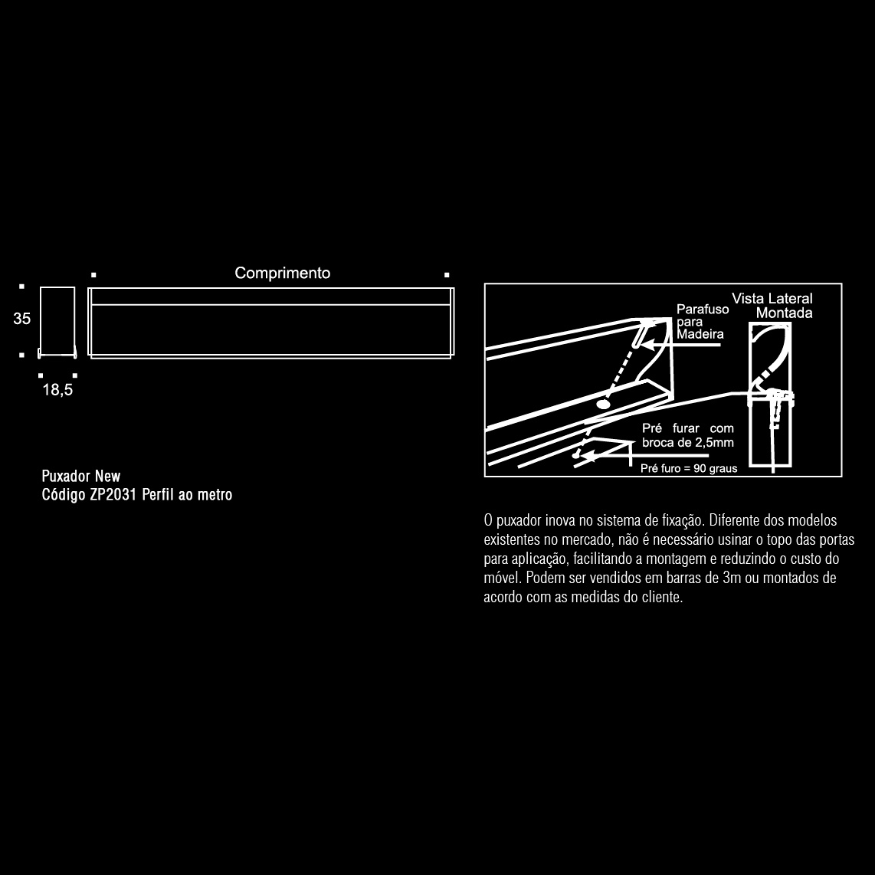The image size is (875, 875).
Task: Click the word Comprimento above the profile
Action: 282,274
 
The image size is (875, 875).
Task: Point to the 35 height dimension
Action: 21,319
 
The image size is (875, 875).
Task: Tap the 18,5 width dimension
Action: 57,390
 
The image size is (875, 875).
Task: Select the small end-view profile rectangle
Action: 57,321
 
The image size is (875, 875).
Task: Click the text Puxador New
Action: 81,477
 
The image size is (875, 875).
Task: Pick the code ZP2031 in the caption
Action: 114,495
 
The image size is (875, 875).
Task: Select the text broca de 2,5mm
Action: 687,443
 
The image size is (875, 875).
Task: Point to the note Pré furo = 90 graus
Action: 688,468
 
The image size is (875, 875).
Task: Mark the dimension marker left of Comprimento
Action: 93,274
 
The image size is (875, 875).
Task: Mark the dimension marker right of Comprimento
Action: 447,274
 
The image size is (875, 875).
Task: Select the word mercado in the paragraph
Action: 583,540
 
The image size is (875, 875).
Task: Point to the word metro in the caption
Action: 215,495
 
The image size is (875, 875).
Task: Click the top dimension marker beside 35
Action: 21,287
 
